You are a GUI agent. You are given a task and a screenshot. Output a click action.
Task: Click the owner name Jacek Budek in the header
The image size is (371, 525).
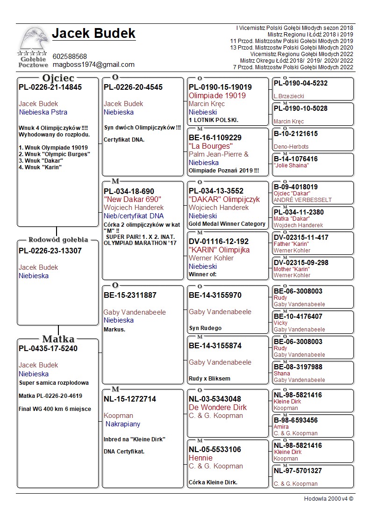tap(93, 34)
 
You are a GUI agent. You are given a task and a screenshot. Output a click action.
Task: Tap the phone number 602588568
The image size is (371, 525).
tap(70, 57)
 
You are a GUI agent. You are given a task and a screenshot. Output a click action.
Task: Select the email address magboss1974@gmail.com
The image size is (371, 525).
tap(93, 65)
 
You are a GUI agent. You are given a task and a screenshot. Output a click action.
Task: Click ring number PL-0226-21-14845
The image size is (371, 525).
tap(50, 87)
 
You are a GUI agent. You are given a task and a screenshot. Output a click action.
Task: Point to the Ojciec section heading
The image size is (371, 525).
tap(58, 78)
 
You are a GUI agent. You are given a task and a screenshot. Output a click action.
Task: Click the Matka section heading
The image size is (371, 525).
tap(58, 339)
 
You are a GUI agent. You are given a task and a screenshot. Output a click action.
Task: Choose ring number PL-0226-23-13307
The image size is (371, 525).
tap(50, 251)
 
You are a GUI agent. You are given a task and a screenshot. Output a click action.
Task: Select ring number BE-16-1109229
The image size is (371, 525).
tap(215, 137)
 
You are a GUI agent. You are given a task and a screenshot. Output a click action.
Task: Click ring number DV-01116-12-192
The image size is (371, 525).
tap(219, 241)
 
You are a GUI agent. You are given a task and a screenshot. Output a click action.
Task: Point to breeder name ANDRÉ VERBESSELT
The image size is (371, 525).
tap(302, 200)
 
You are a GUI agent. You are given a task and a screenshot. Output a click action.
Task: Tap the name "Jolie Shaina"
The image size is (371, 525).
tap(291, 165)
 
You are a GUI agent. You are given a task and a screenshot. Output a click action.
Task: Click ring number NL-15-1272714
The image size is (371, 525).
tap(130, 399)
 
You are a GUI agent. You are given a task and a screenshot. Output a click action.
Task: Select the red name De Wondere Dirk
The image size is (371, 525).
tap(217, 408)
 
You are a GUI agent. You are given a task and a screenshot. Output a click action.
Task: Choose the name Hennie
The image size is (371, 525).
tap(200, 458)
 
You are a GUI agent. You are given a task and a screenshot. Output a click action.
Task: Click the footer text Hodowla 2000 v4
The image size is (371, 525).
tap(328, 499)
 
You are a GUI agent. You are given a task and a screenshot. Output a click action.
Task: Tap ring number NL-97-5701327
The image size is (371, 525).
tap(298, 471)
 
